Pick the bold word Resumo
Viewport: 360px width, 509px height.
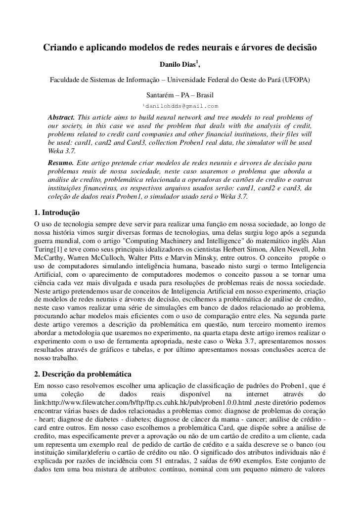point(60,162)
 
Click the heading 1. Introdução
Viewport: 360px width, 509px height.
point(53,213)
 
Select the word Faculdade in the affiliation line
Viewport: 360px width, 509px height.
point(64,81)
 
